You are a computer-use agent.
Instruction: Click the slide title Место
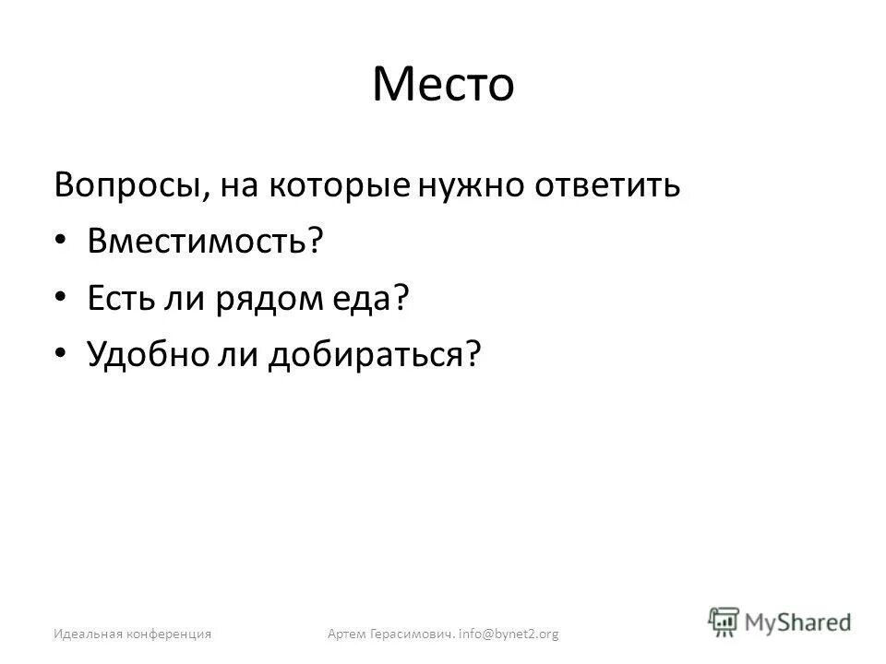click(443, 86)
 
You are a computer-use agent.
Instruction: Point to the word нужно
click(459, 185)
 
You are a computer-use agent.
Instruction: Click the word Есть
click(123, 298)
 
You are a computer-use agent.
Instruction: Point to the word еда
click(369, 298)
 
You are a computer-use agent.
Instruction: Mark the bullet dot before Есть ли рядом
click(60, 298)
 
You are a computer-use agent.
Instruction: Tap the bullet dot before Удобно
click(60, 354)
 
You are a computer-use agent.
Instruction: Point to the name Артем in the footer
click(346, 634)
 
